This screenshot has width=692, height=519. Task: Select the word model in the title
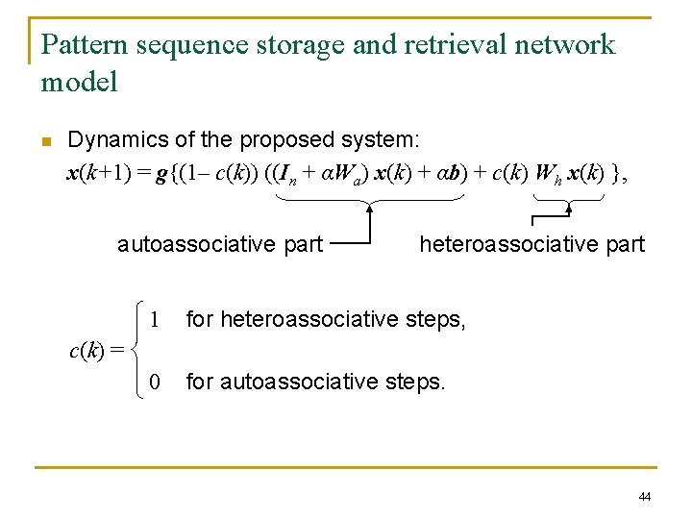tap(79, 82)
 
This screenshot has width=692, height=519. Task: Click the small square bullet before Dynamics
tap(45, 142)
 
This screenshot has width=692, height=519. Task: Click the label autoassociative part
tap(220, 244)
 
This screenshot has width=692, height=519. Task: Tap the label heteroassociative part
tap(531, 244)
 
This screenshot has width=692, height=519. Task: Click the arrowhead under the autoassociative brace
tap(371, 207)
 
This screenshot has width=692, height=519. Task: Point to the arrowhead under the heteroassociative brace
tap(569, 207)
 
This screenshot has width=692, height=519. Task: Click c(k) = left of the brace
tap(96, 350)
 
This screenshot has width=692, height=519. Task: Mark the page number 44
tap(644, 496)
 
